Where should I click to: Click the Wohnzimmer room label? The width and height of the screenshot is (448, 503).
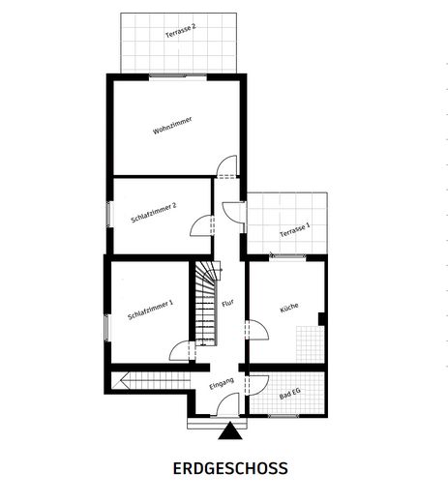point(172,125)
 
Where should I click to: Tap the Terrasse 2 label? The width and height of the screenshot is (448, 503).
point(181,30)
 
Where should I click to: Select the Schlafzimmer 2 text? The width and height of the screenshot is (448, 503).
point(153,212)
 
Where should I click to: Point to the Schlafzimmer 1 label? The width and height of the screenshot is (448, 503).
point(150,315)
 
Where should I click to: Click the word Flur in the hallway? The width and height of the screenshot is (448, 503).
point(227,304)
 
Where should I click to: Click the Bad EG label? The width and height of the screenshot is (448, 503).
point(289,395)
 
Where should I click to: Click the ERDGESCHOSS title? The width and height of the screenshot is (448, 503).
point(229,469)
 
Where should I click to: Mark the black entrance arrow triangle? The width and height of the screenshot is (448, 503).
point(229,431)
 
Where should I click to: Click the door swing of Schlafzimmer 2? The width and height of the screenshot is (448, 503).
point(201,225)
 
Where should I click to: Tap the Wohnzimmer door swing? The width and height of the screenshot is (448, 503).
point(225,167)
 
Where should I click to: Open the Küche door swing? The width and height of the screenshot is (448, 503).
point(257,331)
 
